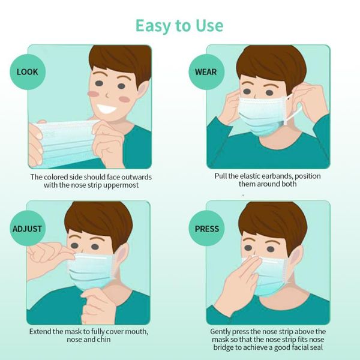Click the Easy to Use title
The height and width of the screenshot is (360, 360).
pyautogui.click(x=179, y=26)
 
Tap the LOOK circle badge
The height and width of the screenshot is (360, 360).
pyautogui.click(x=28, y=72)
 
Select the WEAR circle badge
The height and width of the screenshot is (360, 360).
pyautogui.click(x=206, y=72)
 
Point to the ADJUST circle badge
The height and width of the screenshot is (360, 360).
pyautogui.click(x=28, y=229)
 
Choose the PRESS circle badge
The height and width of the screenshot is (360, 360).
pyautogui.click(x=206, y=229)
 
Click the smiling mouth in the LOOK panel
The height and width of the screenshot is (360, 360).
pyautogui.click(x=107, y=109)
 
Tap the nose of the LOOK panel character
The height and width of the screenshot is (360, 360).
pyautogui.click(x=107, y=94)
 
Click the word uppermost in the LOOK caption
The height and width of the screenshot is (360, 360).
pyautogui.click(x=121, y=185)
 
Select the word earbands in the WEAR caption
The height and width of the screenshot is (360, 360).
pyautogui.click(x=277, y=176)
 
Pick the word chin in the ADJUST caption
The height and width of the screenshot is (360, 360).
pyautogui.click(x=104, y=340)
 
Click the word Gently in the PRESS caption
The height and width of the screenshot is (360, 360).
pyautogui.click(x=220, y=332)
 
